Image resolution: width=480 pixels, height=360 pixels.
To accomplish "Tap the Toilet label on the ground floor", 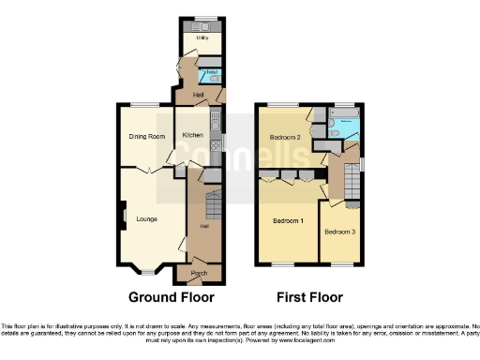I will click(211, 71).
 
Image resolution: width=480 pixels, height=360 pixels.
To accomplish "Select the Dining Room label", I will click(147, 137).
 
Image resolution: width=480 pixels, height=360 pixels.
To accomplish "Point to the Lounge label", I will click(145, 219).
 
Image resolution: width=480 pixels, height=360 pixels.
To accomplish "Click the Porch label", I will click(199, 273).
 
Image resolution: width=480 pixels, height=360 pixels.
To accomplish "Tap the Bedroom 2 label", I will click(285, 138).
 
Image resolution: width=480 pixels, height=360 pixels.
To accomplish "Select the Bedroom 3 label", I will click(340, 231).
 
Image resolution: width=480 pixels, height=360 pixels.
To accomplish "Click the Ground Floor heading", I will click(172, 297).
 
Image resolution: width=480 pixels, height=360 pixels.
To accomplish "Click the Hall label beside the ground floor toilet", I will click(199, 96).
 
